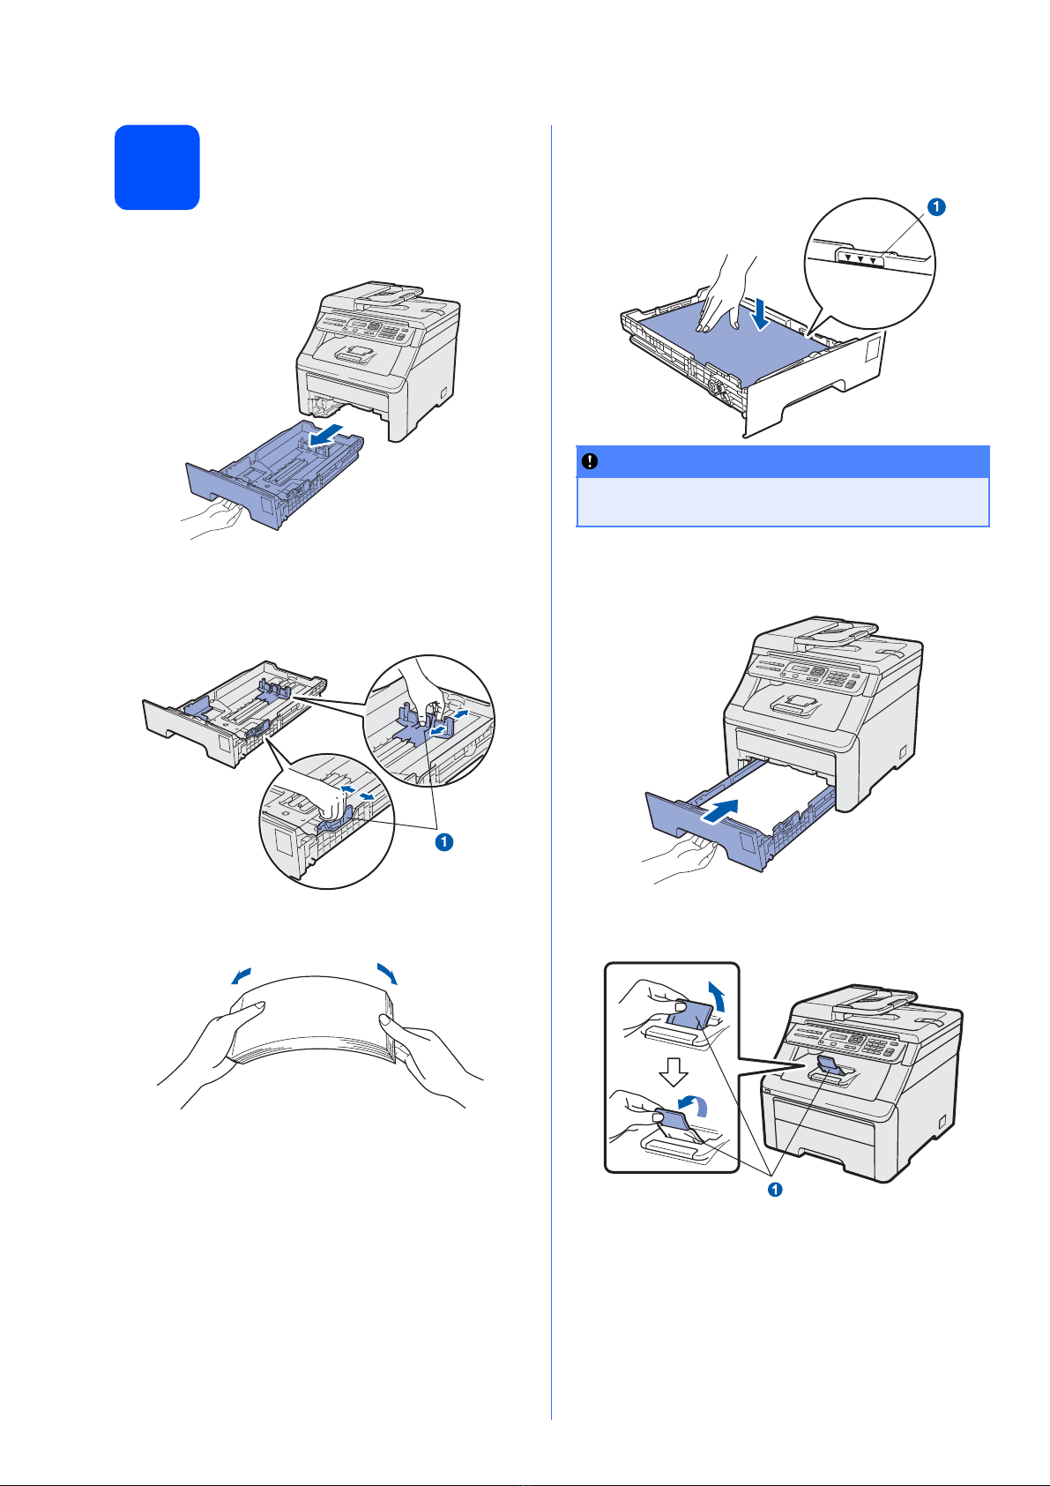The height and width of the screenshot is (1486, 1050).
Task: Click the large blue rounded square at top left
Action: tap(157, 168)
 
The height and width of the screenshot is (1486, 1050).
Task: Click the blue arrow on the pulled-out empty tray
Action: tap(328, 435)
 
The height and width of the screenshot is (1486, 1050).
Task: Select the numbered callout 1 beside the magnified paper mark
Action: tap(936, 207)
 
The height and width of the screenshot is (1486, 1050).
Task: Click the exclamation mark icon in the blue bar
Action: tap(589, 462)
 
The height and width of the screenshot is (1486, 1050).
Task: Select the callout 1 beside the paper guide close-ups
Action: tap(443, 842)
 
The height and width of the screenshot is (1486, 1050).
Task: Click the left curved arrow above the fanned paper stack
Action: tap(241, 975)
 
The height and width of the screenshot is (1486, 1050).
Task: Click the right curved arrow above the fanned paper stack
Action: tap(387, 973)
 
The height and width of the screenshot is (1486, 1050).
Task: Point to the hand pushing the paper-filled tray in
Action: tap(680, 860)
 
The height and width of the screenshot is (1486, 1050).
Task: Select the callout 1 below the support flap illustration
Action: tap(775, 1190)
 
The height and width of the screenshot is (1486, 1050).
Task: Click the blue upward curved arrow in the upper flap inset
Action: tap(717, 997)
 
